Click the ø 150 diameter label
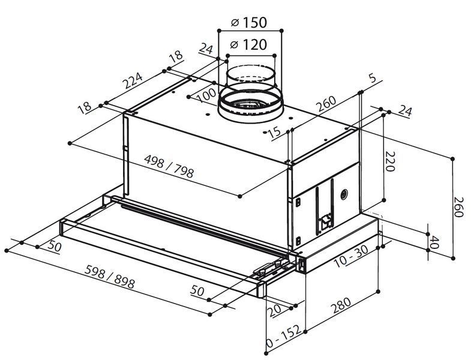pos(249,22)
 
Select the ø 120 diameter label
pos(248,45)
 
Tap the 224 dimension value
pos(133,80)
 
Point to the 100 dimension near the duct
pos(207,95)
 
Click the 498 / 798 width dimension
pos(169,166)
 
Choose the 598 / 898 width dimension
pos(110,277)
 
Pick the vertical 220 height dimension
pos(390,161)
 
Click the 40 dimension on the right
pos(434,242)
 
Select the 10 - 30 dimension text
pos(351,256)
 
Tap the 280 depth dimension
pos(341,306)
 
